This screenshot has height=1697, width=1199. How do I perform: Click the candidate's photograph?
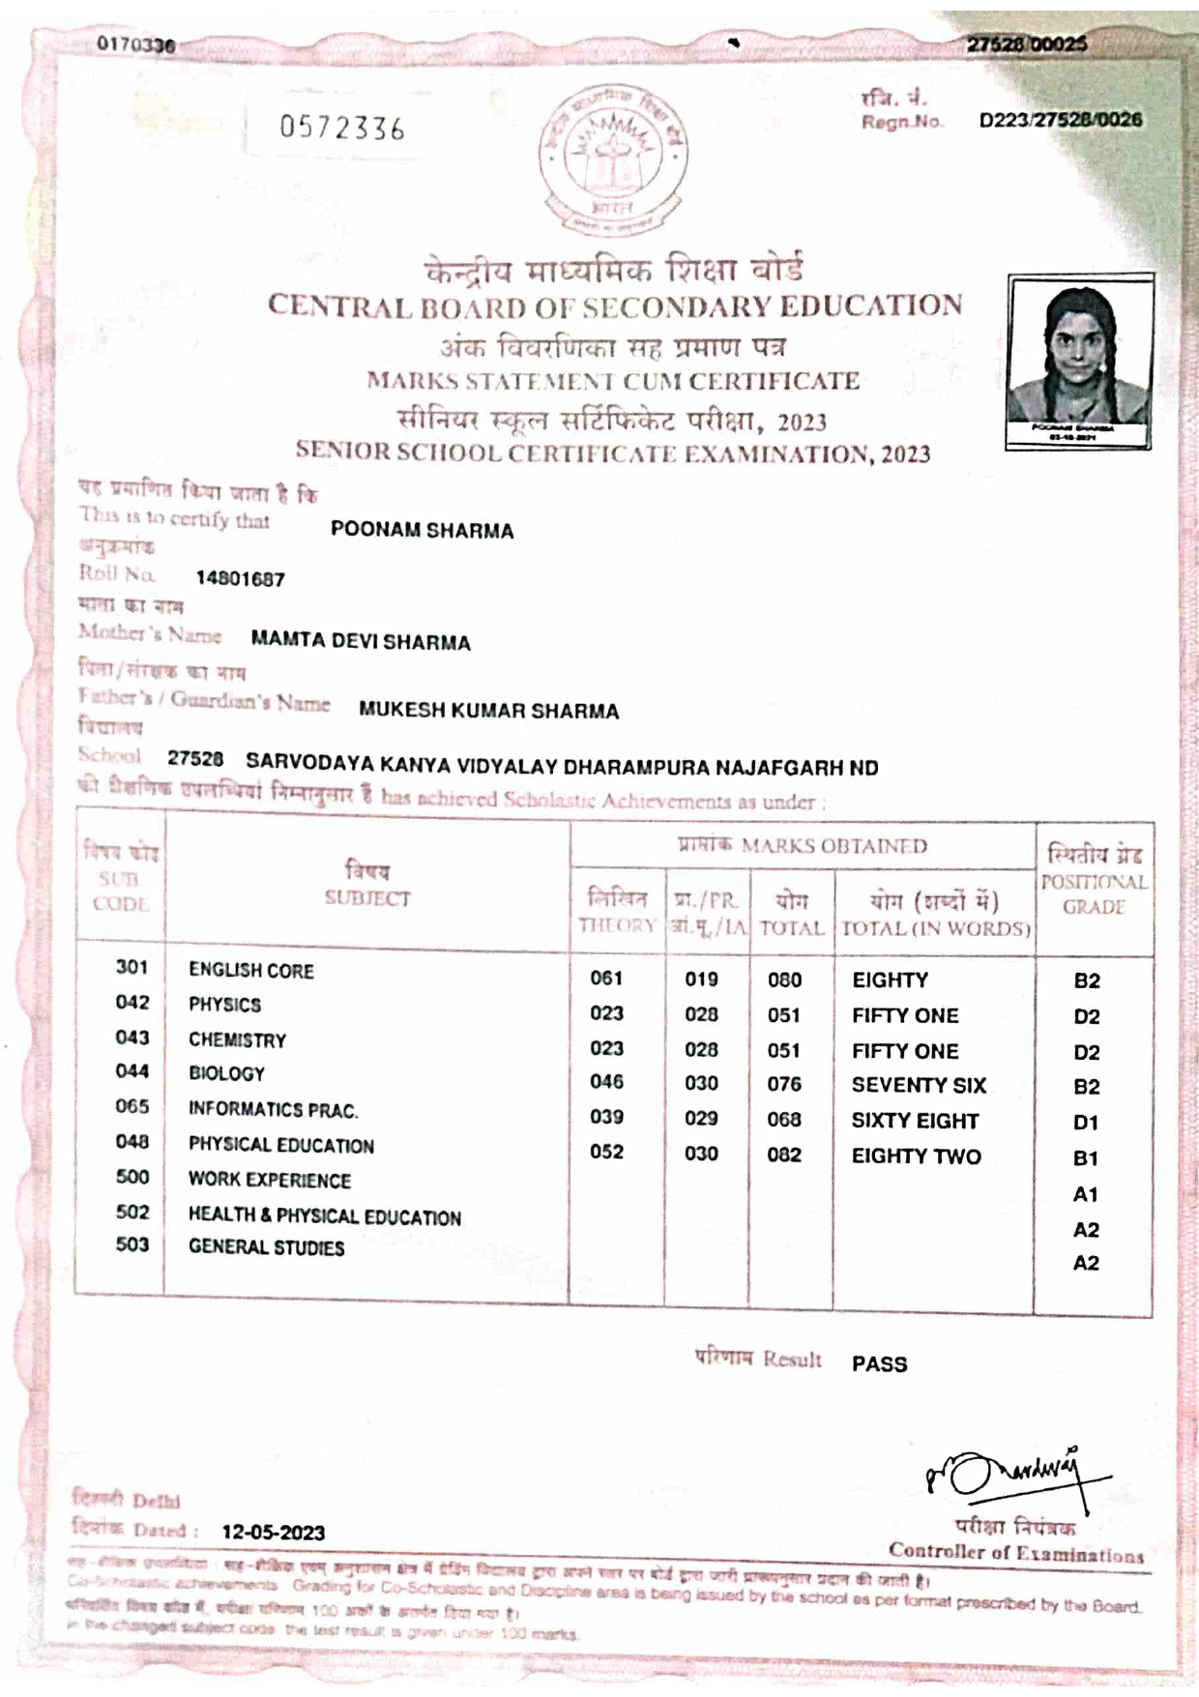click(x=1079, y=360)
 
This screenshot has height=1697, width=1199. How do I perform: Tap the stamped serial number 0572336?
click(x=342, y=128)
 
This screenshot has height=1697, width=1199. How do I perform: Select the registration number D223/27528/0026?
click(x=1060, y=120)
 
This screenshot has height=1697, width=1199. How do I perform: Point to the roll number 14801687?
click(x=240, y=579)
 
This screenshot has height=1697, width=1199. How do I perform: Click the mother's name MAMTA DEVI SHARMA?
click(x=361, y=642)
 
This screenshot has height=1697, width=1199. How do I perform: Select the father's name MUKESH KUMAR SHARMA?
click(x=488, y=711)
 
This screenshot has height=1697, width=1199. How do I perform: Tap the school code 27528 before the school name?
click(x=195, y=759)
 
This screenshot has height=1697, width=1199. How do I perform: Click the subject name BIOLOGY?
click(x=226, y=1073)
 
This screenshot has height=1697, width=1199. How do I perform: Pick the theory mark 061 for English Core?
click(x=606, y=979)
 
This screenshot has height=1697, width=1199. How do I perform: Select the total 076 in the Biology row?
click(x=784, y=1084)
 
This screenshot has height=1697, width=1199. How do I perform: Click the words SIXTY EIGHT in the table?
click(x=915, y=1121)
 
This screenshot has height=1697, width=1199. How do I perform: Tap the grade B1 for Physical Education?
click(x=1086, y=1157)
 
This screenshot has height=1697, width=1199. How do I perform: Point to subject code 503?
click(x=132, y=1244)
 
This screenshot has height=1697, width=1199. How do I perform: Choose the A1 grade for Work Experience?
click(x=1086, y=1194)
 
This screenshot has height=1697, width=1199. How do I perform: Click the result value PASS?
click(x=879, y=1364)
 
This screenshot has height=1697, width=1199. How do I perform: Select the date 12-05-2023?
click(x=274, y=1533)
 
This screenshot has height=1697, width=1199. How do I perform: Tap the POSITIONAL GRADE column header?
click(x=1094, y=881)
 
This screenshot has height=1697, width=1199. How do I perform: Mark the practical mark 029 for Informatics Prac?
click(x=701, y=1118)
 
